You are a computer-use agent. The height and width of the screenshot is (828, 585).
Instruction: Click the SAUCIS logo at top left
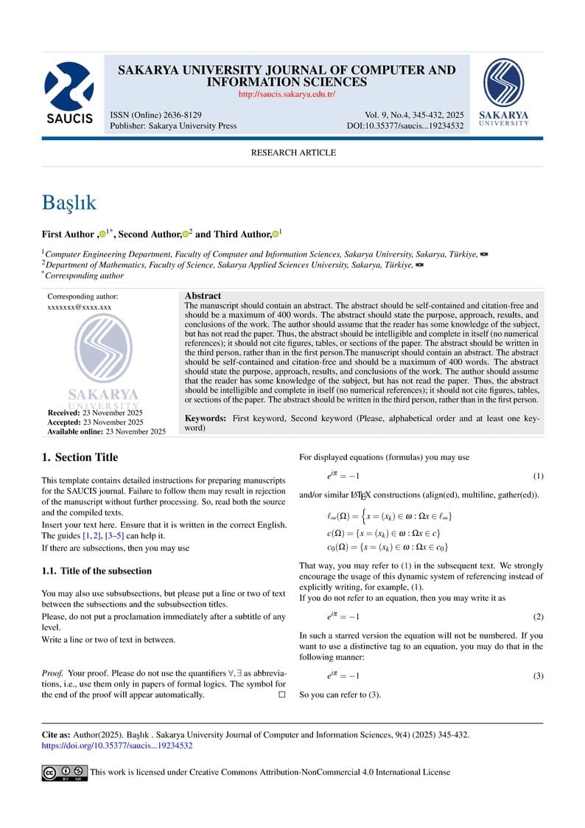tap(69, 93)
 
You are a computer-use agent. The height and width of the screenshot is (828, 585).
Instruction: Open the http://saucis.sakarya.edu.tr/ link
tap(287, 94)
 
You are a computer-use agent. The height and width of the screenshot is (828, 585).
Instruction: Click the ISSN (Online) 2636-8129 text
tap(155, 115)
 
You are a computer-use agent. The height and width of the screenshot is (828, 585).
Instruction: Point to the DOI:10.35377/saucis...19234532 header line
tap(404, 126)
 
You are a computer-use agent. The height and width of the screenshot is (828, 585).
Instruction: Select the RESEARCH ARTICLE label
tap(293, 153)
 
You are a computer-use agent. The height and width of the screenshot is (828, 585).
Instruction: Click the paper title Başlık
tap(69, 203)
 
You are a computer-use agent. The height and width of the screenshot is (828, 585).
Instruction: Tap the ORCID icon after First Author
tap(102, 234)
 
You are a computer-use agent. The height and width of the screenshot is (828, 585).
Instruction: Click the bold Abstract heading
tap(203, 296)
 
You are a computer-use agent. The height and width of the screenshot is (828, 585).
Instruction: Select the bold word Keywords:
tap(206, 418)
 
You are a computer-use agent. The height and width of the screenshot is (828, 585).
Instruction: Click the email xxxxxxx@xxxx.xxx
tap(79, 307)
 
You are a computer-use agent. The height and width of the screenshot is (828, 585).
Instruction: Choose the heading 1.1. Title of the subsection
tap(97, 571)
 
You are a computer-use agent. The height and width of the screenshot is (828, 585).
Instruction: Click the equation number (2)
tap(538, 616)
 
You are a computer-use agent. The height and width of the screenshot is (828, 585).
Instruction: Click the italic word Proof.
tap(52, 673)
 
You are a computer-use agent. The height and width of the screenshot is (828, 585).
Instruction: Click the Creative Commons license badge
tap(64, 773)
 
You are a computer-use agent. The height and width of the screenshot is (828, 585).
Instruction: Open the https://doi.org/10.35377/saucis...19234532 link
tap(117, 745)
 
